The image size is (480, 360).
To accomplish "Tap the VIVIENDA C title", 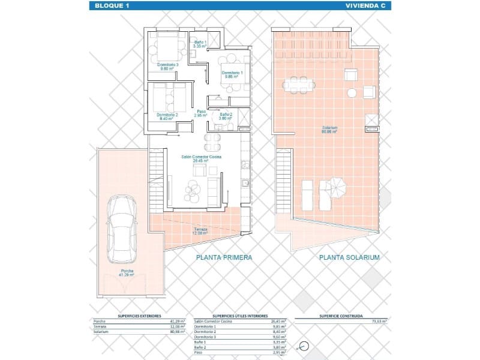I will (x=366, y=6).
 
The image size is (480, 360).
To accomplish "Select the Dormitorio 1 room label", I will (x=232, y=74).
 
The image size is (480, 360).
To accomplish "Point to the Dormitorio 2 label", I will (x=167, y=116).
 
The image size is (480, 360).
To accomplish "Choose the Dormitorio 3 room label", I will (x=168, y=66).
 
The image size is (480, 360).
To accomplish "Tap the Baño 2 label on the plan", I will (x=226, y=116).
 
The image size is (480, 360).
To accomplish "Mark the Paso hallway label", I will (x=201, y=113).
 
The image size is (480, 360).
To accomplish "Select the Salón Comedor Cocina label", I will (x=201, y=158).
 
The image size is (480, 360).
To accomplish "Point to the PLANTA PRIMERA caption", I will (x=224, y=257).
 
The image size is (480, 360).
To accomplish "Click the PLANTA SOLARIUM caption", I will (x=350, y=257).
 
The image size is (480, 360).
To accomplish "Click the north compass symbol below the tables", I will (x=304, y=346).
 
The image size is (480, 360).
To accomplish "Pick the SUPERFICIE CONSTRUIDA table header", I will (x=340, y=314).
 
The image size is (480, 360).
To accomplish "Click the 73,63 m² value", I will (x=380, y=322).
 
